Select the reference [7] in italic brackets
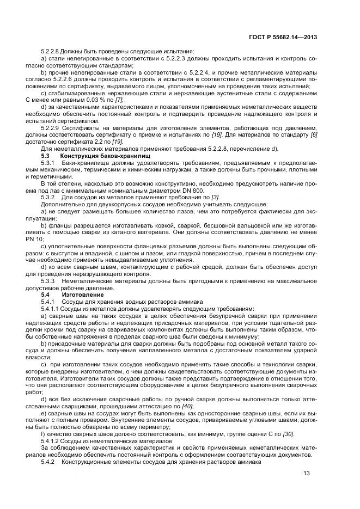119,100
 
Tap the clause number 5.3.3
50,281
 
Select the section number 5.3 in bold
46,156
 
